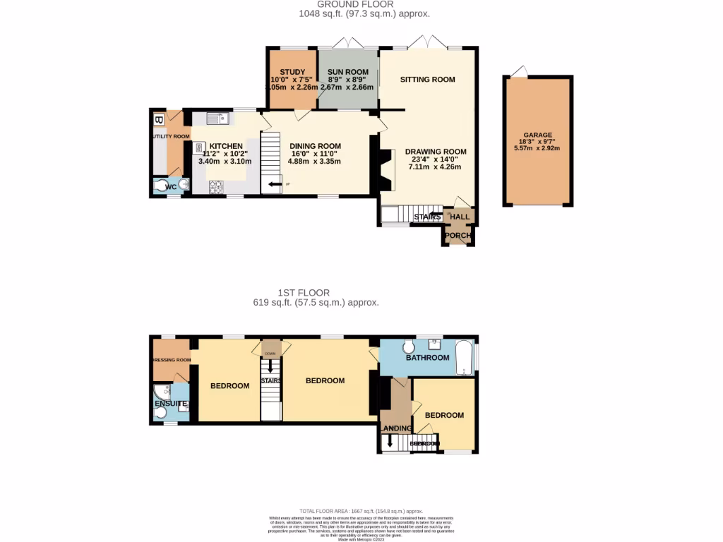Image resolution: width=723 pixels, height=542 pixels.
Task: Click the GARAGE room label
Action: [x=537, y=135]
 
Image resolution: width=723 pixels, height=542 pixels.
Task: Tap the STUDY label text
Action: [x=292, y=73]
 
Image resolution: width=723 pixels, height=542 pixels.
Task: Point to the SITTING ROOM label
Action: [x=427, y=80]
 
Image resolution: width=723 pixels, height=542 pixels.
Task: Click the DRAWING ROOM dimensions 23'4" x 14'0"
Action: [x=435, y=159]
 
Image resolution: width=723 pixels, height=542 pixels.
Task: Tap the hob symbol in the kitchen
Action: [x=215, y=187]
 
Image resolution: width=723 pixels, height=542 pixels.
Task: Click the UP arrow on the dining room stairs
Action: [x=275, y=185]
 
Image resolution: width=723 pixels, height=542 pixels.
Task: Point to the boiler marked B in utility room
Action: [x=158, y=119]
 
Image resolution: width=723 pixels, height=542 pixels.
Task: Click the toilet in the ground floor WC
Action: [x=165, y=186]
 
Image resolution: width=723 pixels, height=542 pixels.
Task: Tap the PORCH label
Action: [x=458, y=236]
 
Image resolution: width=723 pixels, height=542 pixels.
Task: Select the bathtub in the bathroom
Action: [x=464, y=358]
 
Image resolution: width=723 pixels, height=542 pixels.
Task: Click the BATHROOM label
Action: [x=427, y=358]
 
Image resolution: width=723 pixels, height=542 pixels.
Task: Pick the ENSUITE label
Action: [x=170, y=404]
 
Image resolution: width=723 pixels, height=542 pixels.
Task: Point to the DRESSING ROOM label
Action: [x=172, y=360]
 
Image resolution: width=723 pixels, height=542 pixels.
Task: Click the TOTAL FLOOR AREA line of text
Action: [x=361, y=511]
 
